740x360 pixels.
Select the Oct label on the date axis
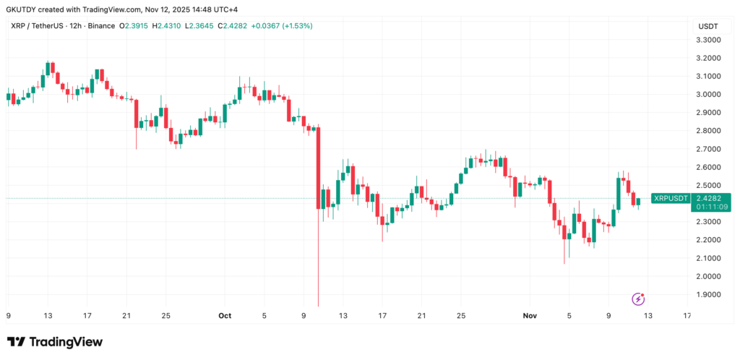click(224, 315)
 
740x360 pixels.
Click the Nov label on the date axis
click(530, 315)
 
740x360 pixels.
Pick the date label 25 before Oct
click(165, 315)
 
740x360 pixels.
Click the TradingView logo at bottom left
click(55, 342)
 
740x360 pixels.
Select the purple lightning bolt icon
click(638, 299)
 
